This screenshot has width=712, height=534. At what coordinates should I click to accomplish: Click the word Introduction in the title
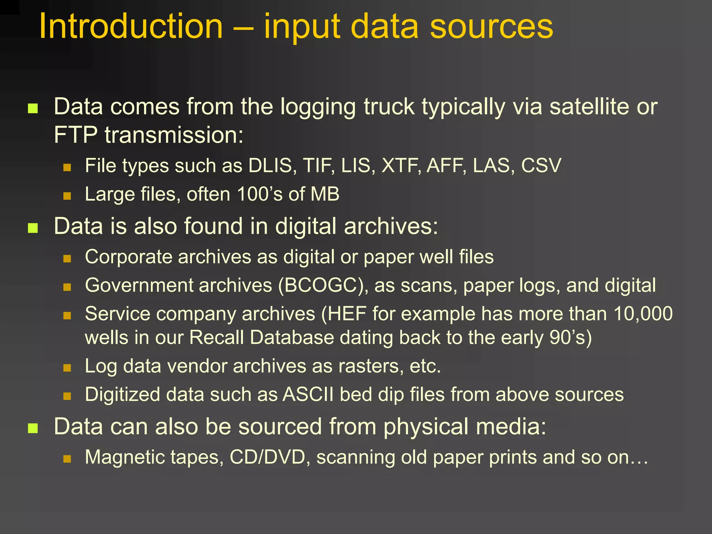click(131, 26)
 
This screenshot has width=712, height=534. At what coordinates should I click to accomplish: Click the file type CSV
click(541, 165)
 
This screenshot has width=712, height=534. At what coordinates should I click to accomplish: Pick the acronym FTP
click(75, 135)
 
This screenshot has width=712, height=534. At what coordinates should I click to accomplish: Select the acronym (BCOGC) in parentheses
click(323, 285)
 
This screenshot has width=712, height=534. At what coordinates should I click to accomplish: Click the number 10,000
click(643, 314)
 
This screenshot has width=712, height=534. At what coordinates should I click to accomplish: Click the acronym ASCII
click(308, 395)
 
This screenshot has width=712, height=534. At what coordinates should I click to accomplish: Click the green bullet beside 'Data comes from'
click(33, 108)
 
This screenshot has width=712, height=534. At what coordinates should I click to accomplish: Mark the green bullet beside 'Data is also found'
click(33, 228)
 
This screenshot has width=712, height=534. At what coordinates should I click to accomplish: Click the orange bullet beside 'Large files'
click(67, 196)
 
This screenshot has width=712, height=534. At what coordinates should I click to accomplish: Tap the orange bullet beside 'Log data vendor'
click(67, 368)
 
